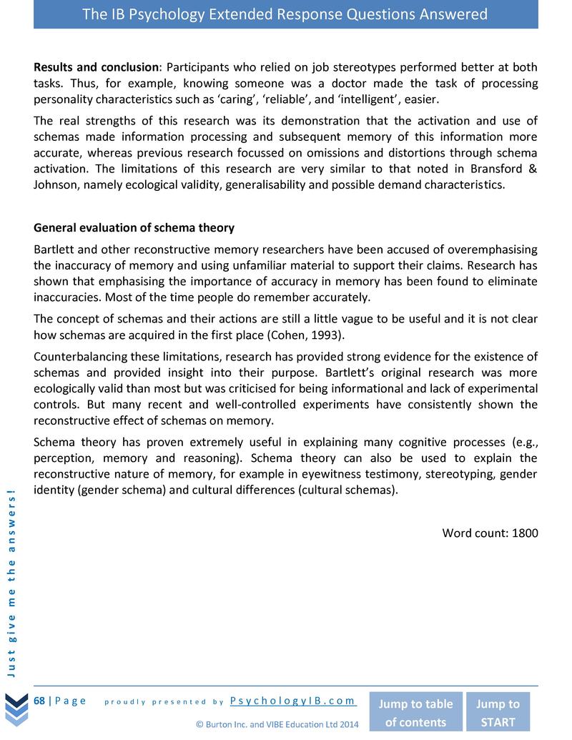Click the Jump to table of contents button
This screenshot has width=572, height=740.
[x=415, y=712]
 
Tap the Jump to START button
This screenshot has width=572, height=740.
[x=498, y=712]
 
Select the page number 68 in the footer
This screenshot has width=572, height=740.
[x=39, y=701]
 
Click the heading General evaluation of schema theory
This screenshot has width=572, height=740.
[x=134, y=228]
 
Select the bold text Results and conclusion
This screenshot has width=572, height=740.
[x=96, y=67]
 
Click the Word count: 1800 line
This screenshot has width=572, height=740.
[x=490, y=533]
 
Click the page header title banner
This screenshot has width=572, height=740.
[x=285, y=14]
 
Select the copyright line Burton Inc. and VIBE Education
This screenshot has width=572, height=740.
[x=277, y=725]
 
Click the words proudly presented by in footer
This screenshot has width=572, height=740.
[x=164, y=701]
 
